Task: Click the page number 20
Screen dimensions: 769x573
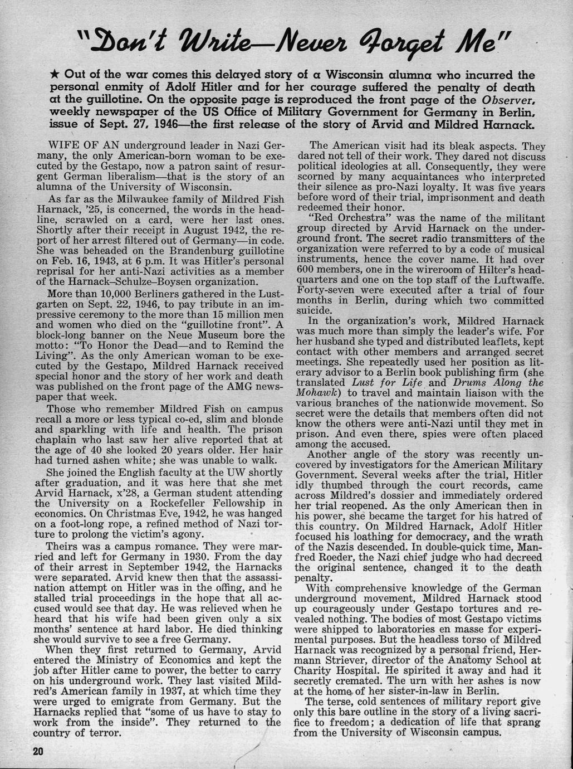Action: (x=37, y=751)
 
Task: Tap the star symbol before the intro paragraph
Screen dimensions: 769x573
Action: (x=56, y=75)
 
